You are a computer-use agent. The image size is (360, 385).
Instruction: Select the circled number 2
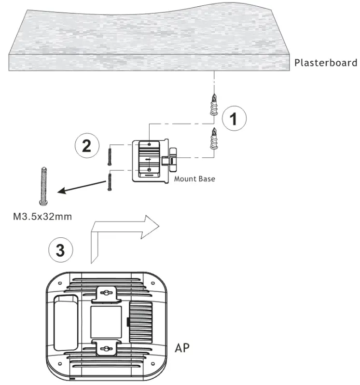87,146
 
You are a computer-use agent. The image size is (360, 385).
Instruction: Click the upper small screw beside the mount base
109,155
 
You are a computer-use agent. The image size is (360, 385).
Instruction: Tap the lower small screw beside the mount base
110,182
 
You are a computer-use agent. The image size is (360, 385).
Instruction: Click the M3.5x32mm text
42,216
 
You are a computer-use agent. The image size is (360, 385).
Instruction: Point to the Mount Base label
194,179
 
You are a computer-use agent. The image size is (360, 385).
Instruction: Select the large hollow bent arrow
121,232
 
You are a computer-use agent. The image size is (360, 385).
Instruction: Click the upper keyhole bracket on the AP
107,294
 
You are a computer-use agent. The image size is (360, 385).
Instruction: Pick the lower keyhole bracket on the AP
107,347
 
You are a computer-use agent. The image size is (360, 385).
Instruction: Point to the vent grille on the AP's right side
144,321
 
